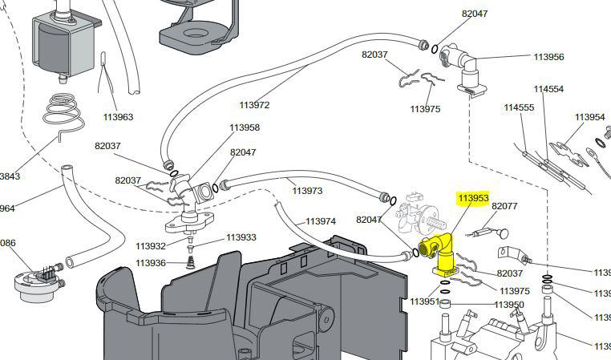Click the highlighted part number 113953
[x=473, y=198]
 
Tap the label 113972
[x=254, y=105]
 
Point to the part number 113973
[x=307, y=191]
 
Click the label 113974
[x=320, y=221]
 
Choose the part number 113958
[x=245, y=127]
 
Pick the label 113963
[x=118, y=117]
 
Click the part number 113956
[x=549, y=57]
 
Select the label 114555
[x=519, y=107]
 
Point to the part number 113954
[x=589, y=117]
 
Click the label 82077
[x=504, y=206]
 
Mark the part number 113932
[x=151, y=246]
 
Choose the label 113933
[x=241, y=237]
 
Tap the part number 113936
[x=151, y=263]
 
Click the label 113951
[x=425, y=301]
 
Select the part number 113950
[x=509, y=305]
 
